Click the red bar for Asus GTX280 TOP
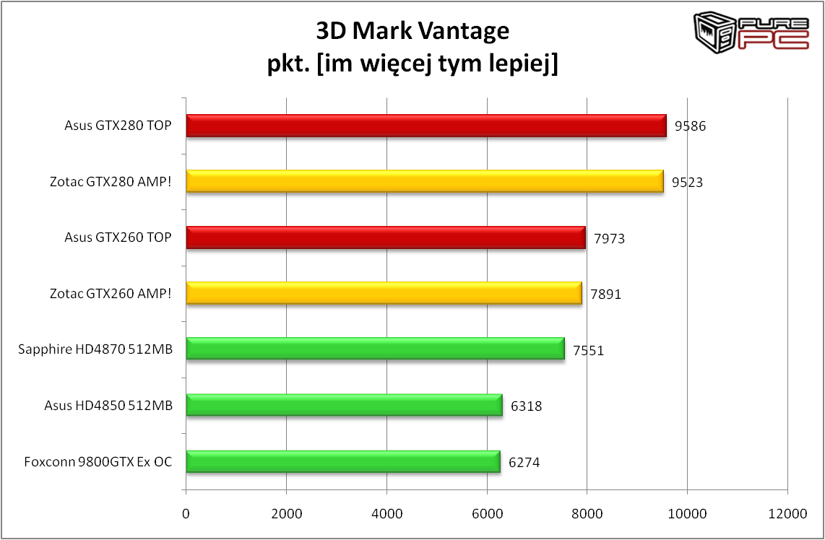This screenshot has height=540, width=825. pyautogui.click(x=426, y=126)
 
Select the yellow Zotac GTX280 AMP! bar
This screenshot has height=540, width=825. pyautogui.click(x=425, y=182)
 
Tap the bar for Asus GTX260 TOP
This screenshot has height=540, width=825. pyautogui.click(x=386, y=238)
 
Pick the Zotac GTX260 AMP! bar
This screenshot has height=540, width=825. pyautogui.click(x=384, y=294)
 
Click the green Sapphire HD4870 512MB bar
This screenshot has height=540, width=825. pyautogui.click(x=375, y=349)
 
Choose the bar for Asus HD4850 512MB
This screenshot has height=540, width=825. pyautogui.click(x=344, y=406)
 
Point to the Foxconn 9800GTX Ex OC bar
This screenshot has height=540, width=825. pyautogui.click(x=343, y=461)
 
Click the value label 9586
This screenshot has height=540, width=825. pyautogui.click(x=690, y=126)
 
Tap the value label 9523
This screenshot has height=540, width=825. pyautogui.click(x=687, y=183)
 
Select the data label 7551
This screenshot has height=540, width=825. pyautogui.click(x=588, y=351)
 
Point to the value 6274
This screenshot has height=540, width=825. pyautogui.click(x=524, y=463)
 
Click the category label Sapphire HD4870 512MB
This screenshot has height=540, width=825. pyautogui.click(x=95, y=350)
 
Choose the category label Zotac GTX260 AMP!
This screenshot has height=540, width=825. pyautogui.click(x=111, y=294)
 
